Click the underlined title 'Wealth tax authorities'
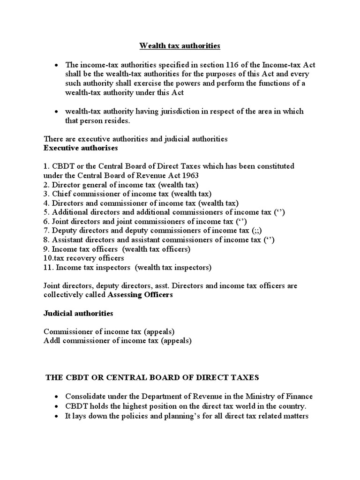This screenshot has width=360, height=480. point(180,46)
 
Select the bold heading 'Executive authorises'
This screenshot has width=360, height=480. point(81,148)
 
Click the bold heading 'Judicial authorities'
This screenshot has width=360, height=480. point(78,313)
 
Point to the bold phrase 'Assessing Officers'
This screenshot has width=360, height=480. point(140,295)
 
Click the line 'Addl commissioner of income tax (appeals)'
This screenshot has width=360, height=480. point(118,341)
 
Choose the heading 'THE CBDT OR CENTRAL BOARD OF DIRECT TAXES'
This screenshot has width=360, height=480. point(152,377)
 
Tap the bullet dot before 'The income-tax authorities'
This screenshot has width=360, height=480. point(57,65)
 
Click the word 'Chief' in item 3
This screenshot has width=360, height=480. point(61,194)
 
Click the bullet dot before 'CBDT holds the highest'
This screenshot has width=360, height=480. point(57,406)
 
